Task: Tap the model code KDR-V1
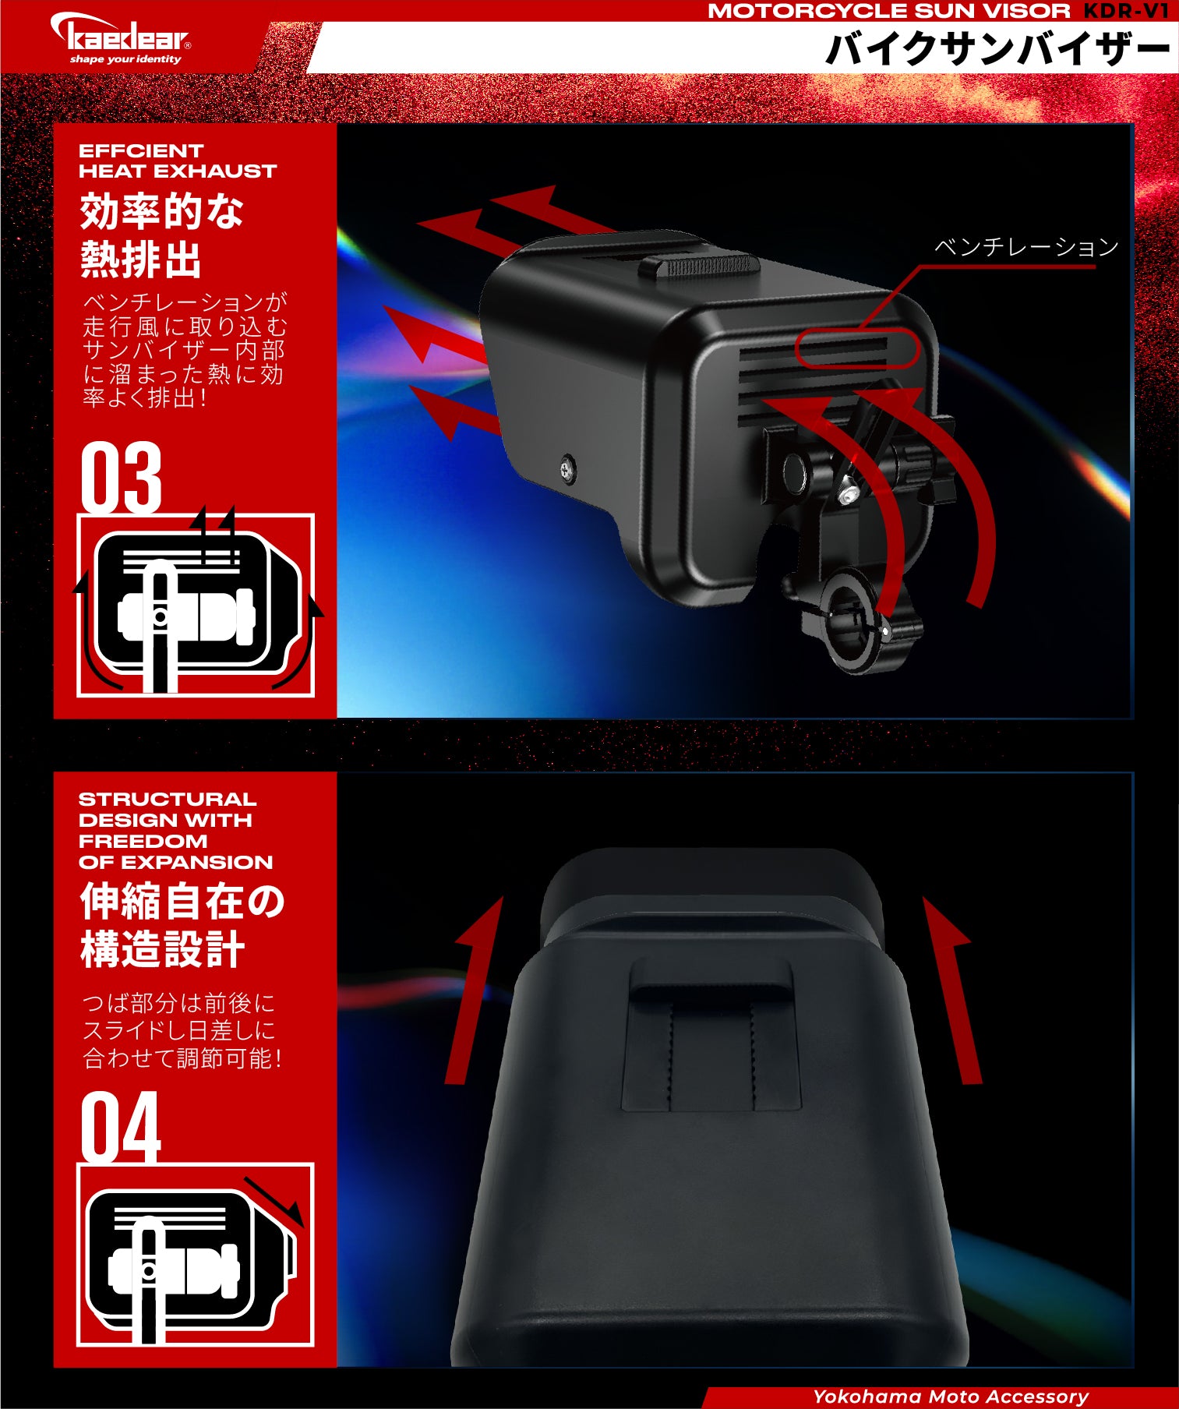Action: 1126,11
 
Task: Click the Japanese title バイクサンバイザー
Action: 997,49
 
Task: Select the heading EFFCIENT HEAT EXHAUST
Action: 178,161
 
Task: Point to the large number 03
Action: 121,477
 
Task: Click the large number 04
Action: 121,1126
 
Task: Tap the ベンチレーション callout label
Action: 1026,247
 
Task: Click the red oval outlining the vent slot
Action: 857,348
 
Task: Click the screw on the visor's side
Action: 568,470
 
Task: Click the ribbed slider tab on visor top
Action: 699,265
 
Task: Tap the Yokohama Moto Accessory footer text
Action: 951,1397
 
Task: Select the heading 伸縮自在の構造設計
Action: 182,925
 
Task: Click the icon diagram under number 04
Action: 196,1255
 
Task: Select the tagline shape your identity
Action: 125,59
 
